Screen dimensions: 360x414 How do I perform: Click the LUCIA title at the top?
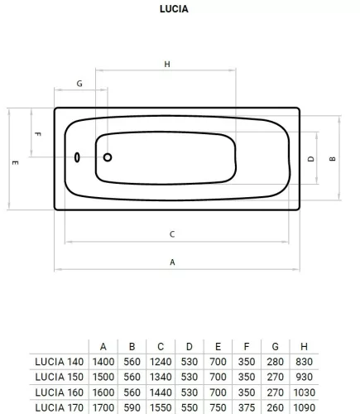[174, 9]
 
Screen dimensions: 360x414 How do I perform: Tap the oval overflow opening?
[77, 157]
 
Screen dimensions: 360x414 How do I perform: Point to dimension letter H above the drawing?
[167, 65]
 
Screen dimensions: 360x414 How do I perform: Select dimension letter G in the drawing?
[79, 84]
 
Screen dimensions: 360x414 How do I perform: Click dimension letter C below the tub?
[172, 234]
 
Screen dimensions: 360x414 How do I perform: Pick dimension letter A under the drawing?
[172, 262]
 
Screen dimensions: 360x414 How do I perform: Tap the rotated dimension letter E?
[15, 162]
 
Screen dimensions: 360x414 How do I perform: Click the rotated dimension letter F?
[38, 134]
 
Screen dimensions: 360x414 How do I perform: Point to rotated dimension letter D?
[311, 159]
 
